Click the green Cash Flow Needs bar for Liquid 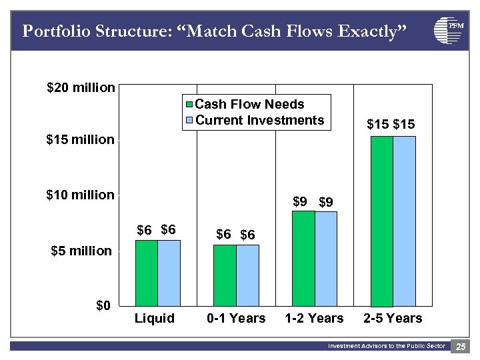coord(147,273)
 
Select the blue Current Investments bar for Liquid coord(169,273)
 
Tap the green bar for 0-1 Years coord(225,275)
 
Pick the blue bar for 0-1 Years coord(247,275)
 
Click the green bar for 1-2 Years coord(303,259)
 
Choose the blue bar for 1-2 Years coord(326,259)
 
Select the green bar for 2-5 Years coord(381,221)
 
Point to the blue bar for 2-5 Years coord(404,221)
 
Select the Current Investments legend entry coord(253,121)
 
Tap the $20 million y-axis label coord(81,88)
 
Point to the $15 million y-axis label coord(81,140)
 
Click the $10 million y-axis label coord(81,195)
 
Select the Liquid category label coord(155,319)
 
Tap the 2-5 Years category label coord(393,319)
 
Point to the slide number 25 coord(461,347)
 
